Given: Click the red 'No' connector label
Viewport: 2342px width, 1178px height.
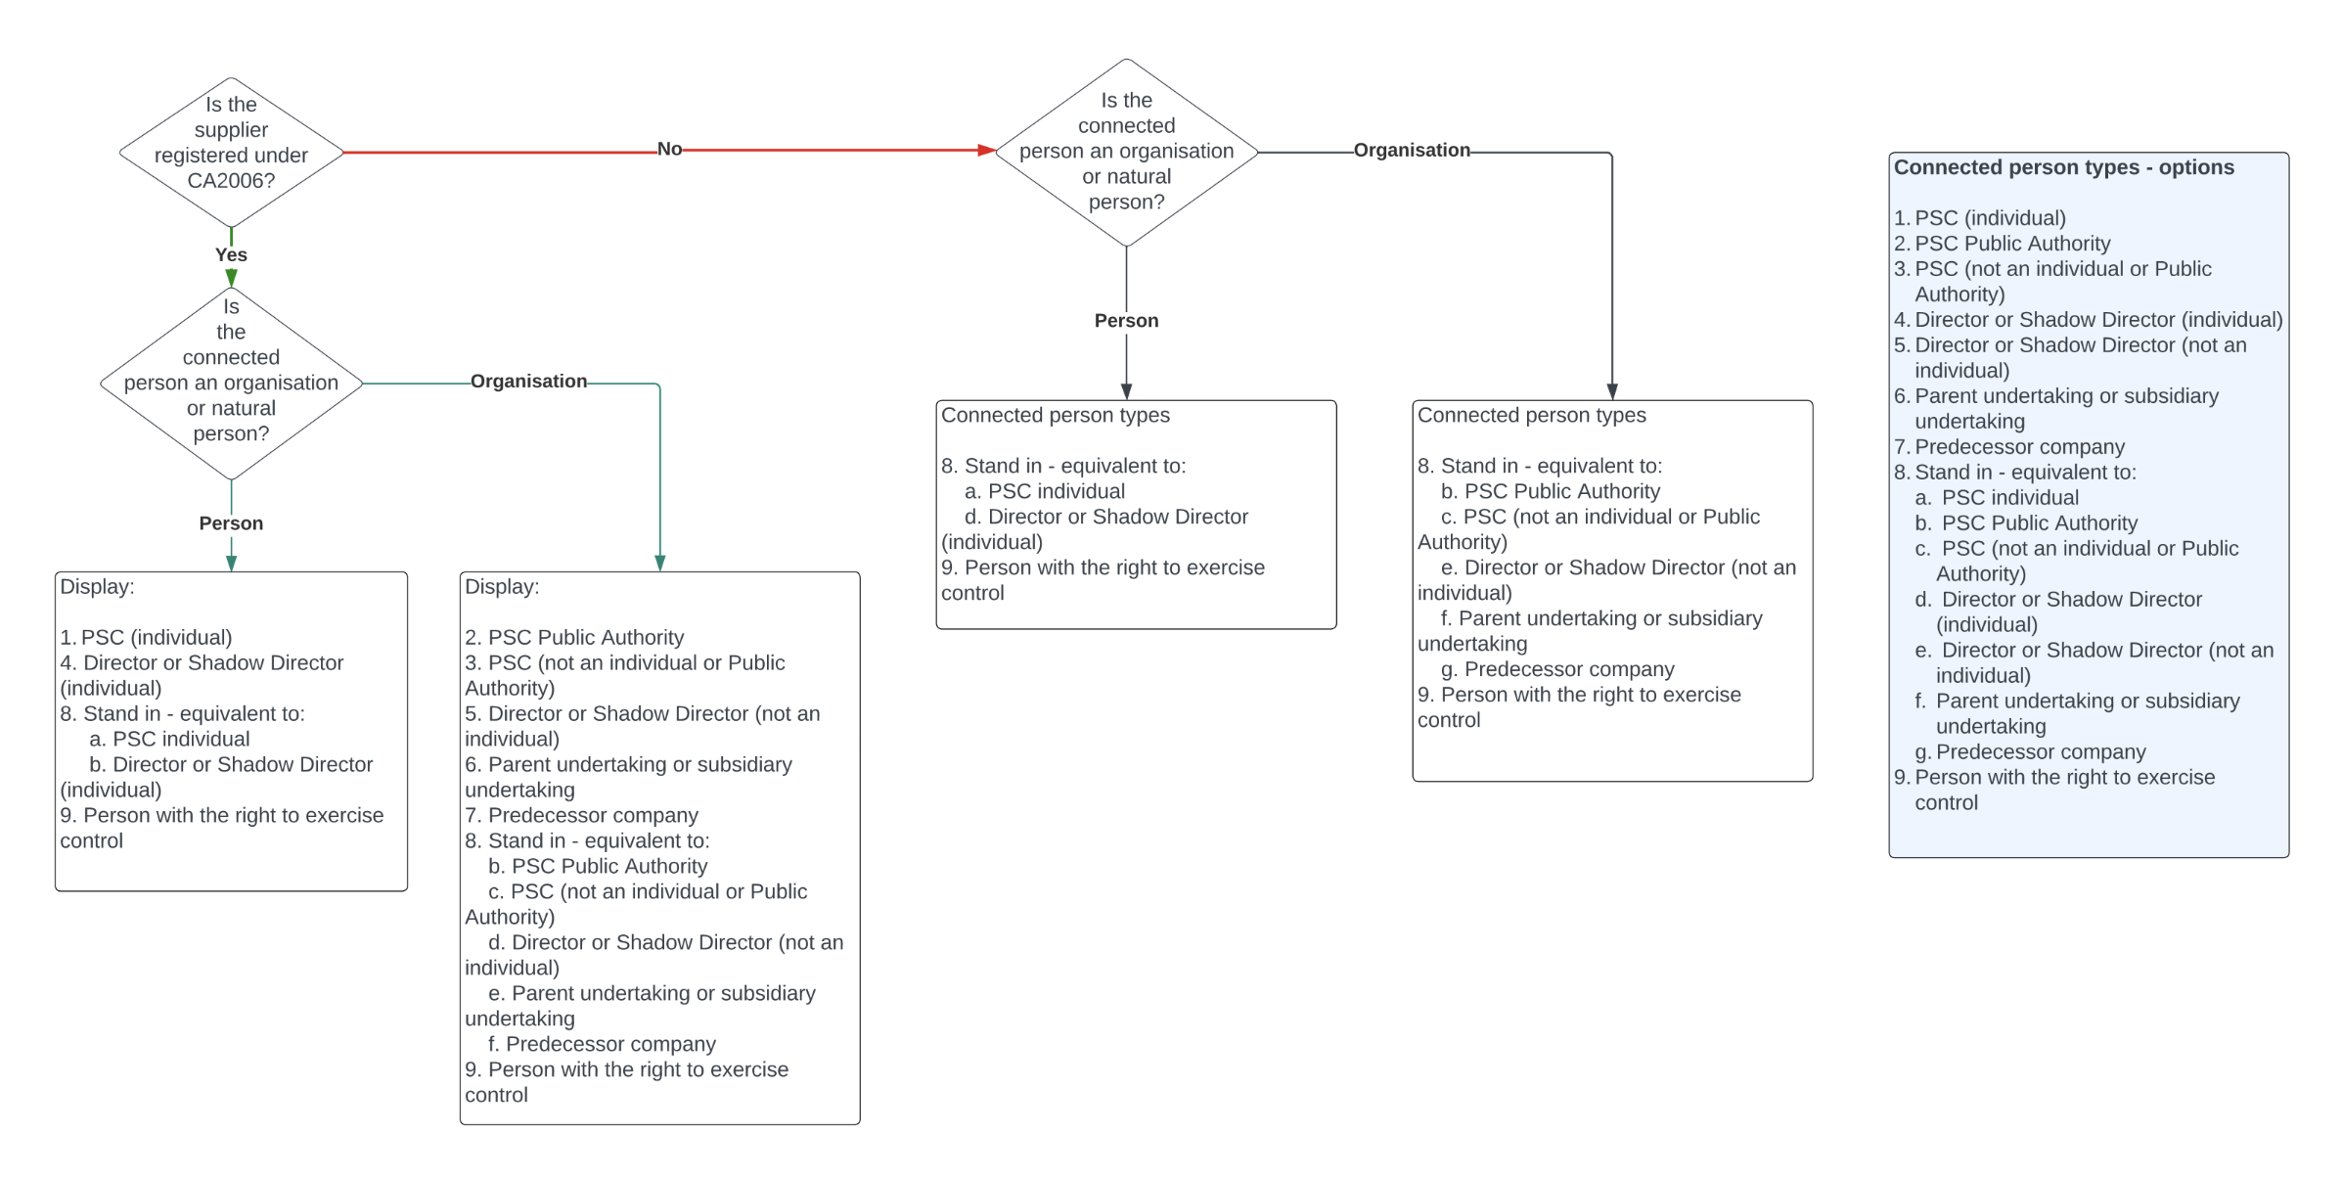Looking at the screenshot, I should (x=669, y=149).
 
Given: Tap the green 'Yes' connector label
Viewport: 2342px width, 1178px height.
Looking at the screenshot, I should (x=231, y=254).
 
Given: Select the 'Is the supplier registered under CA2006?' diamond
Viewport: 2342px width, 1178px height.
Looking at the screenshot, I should (x=231, y=152).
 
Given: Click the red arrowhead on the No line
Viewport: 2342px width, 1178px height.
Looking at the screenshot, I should (x=986, y=151).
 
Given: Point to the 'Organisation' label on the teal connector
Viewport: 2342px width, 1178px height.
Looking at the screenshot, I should (x=528, y=381).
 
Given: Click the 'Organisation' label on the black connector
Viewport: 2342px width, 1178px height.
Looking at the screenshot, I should (x=1411, y=150).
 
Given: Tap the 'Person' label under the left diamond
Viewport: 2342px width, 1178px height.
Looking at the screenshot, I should (x=231, y=522).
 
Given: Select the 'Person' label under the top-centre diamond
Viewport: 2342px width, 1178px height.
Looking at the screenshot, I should (x=1126, y=320).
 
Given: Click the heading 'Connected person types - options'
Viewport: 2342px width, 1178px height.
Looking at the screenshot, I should (x=2063, y=167).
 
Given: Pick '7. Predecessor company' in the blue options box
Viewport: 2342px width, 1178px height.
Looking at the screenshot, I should (x=2009, y=446).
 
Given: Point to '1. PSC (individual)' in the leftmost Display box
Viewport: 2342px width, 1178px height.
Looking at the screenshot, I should (x=147, y=637).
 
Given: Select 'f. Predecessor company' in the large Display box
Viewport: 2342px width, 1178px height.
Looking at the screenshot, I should (x=602, y=1043).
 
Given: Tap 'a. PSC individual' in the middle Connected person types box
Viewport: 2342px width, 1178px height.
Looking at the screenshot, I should (x=1045, y=490).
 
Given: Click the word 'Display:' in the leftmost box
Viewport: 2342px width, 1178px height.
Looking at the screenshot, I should (x=97, y=586).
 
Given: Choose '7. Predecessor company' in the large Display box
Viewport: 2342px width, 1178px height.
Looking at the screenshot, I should (x=581, y=814).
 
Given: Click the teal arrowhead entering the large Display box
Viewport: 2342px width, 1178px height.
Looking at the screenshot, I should (x=660, y=563).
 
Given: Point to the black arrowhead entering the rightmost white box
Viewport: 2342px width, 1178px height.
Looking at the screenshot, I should (x=1612, y=391).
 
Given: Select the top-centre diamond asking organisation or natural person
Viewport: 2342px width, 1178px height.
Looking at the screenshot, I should (x=1126, y=152).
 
